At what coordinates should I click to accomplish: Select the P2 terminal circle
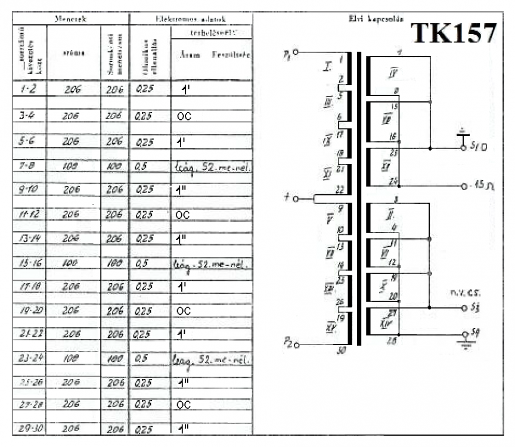pyautogui.click(x=296, y=344)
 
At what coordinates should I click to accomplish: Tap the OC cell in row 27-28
pyautogui.click(x=184, y=403)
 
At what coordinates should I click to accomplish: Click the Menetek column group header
pyautogui.click(x=70, y=19)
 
